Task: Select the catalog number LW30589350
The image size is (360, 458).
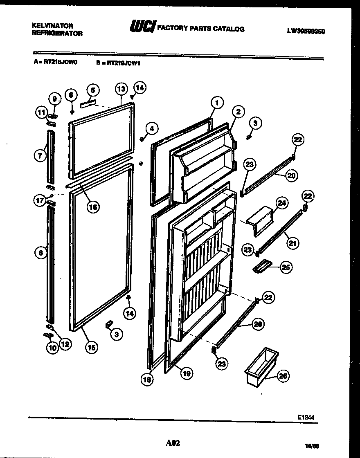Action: click(306, 31)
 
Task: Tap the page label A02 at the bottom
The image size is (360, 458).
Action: click(173, 443)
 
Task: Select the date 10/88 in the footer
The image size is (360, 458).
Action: click(313, 447)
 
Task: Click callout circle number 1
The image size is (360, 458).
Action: click(217, 102)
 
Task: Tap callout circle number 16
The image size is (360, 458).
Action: click(93, 207)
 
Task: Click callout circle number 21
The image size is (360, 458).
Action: click(292, 244)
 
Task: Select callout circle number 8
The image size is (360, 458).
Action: click(40, 253)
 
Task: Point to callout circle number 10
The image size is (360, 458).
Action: click(52, 348)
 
